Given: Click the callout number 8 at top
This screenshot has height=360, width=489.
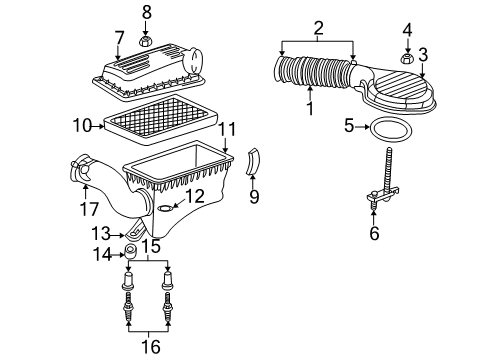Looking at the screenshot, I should (146, 12).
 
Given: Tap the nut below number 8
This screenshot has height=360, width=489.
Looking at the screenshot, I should (146, 42).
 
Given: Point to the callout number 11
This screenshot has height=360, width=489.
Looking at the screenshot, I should (228, 129).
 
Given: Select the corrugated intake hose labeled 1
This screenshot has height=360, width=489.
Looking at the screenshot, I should (315, 77).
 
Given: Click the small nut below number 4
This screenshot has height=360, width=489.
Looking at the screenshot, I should (408, 59).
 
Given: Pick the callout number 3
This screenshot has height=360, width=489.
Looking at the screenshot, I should (423, 53).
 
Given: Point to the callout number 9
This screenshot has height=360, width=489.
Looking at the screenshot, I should (253, 197).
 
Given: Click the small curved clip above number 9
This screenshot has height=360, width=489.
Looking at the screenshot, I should (252, 160).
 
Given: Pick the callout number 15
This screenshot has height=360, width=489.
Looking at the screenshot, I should (149, 245).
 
